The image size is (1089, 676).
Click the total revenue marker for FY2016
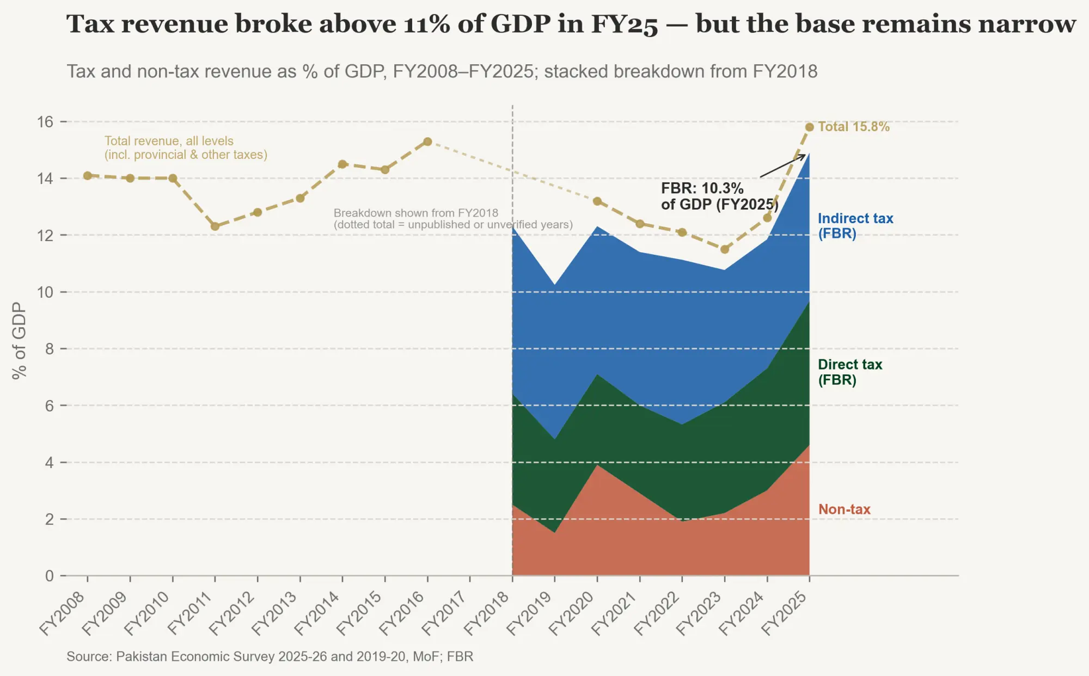tap(427, 142)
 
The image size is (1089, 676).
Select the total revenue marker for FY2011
tap(215, 226)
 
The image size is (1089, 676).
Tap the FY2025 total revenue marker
tap(809, 127)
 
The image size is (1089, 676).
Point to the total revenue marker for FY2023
tap(724, 249)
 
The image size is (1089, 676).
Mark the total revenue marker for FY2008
tap(88, 175)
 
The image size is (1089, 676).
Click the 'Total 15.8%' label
tap(853, 127)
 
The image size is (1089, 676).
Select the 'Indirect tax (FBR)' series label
tap(855, 226)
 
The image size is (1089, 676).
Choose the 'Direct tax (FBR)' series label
tap(850, 372)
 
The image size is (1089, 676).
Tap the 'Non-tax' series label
tap(844, 509)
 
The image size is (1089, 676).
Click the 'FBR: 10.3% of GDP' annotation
tap(719, 196)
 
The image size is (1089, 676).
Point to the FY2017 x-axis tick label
tap(444, 613)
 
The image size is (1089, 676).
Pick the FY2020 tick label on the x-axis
tap(571, 613)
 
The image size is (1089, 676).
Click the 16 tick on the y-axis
tap(45, 122)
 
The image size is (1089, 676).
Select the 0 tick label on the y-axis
tap(50, 576)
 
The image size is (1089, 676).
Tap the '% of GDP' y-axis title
tap(19, 341)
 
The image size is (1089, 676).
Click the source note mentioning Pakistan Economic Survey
tap(270, 656)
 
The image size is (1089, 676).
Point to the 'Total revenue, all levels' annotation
tap(186, 148)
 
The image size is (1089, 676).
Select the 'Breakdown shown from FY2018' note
tap(453, 219)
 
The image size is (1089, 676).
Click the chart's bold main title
tap(571, 24)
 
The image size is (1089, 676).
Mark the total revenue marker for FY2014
tap(342, 164)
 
